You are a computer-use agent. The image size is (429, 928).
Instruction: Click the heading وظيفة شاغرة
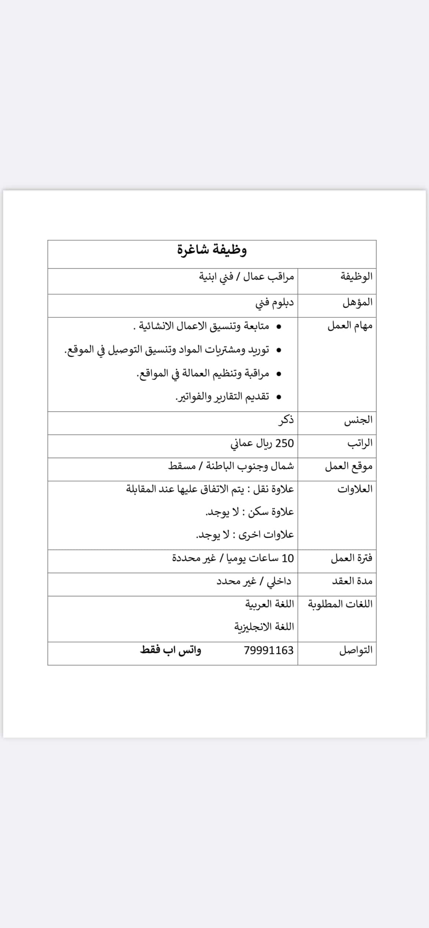tap(212, 250)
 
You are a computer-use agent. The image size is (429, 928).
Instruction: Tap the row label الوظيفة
tap(356, 276)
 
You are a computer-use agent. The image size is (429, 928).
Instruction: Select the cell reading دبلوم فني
tap(274, 302)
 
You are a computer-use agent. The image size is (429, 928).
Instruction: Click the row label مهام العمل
tap(350, 326)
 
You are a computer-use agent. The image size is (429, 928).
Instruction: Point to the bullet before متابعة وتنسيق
tap(279, 326)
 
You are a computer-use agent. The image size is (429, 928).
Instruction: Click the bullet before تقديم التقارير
tap(279, 397)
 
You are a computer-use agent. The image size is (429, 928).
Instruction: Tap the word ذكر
tap(286, 420)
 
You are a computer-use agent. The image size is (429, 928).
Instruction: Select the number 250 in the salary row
tap(285, 443)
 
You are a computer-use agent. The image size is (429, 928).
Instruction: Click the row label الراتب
tap(360, 443)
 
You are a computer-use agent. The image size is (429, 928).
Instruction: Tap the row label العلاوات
tap(355, 489)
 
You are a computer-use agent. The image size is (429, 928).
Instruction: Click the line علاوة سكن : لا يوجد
tap(249, 512)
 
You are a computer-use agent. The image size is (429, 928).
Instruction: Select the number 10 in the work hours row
tap(288, 558)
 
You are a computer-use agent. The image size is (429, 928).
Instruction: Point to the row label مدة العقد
tap(352, 581)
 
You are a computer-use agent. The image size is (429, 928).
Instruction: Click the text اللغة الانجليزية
tap(264, 627)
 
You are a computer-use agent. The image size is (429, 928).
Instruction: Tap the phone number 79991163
tap(269, 650)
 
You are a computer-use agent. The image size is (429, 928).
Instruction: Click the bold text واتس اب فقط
tap(170, 650)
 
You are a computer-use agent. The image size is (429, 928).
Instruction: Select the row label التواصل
tap(356, 650)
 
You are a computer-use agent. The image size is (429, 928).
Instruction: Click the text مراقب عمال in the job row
tap(269, 276)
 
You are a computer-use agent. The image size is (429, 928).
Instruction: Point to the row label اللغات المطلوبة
tap(340, 604)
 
